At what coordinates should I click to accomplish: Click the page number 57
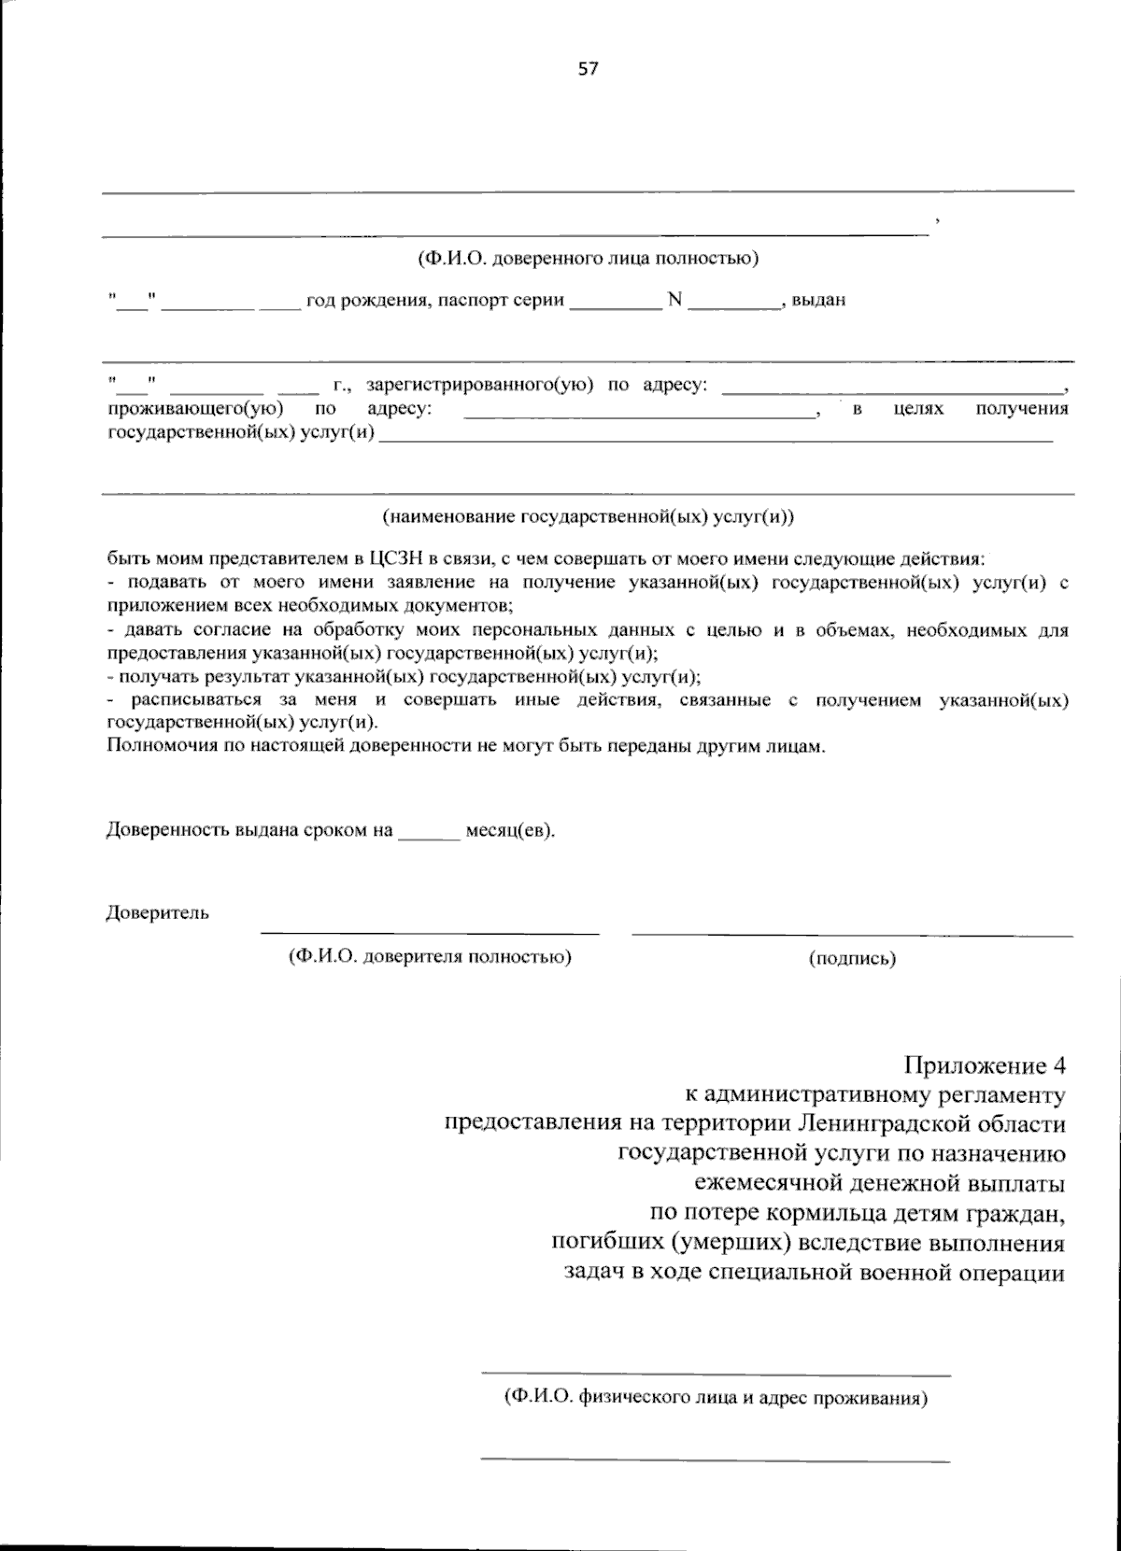[588, 68]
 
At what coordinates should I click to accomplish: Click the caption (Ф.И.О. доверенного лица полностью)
[588, 259]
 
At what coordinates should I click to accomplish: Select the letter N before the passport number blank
[674, 301]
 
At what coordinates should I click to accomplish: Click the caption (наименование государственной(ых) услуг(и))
[588, 515]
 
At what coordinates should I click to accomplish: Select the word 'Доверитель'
[158, 912]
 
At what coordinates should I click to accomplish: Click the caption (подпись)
[852, 958]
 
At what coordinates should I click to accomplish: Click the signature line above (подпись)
[852, 934]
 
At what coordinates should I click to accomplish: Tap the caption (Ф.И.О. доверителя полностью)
[430, 956]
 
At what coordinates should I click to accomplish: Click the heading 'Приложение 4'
[984, 1065]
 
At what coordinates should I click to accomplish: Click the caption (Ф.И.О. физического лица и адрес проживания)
[715, 1398]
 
